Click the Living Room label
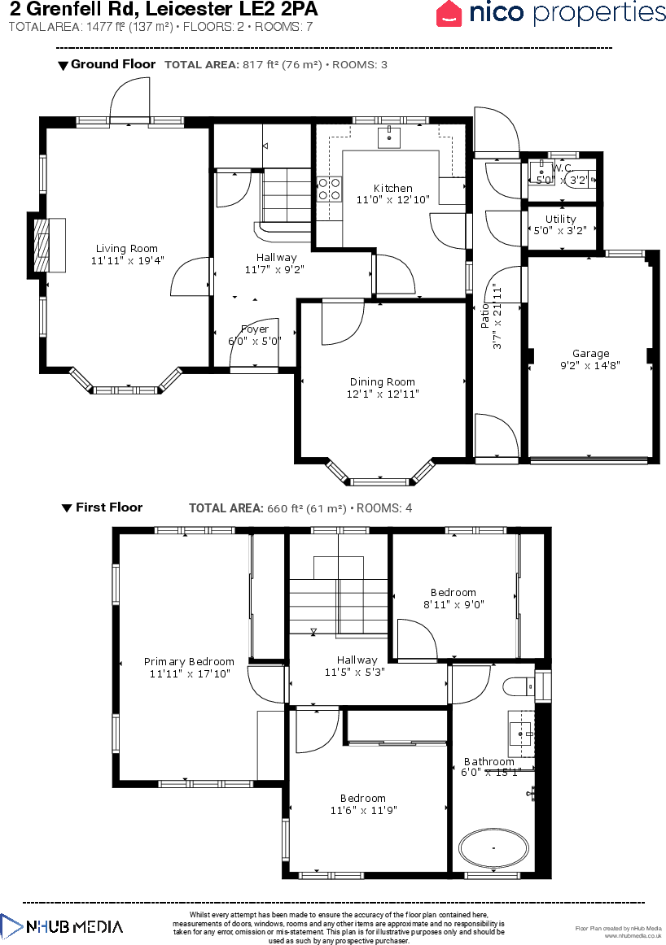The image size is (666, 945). pyautogui.click(x=126, y=249)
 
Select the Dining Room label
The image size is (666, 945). pyautogui.click(x=382, y=382)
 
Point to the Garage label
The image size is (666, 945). pyautogui.click(x=590, y=354)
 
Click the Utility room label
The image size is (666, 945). pyautogui.click(x=560, y=219)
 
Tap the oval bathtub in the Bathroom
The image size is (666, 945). pyautogui.click(x=493, y=848)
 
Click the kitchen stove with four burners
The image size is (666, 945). pyautogui.click(x=330, y=189)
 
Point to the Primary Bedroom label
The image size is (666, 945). pyautogui.click(x=189, y=662)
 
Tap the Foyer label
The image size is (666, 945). pyautogui.click(x=254, y=329)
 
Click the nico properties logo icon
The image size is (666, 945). pyautogui.click(x=449, y=13)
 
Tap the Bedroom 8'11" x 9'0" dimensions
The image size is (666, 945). pyautogui.click(x=453, y=604)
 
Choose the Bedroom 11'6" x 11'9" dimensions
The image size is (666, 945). pyautogui.click(x=363, y=810)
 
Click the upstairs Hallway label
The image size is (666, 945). pyautogui.click(x=357, y=660)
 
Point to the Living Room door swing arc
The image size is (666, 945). pyautogui.click(x=190, y=277)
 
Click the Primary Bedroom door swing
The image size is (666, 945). pyautogui.click(x=265, y=684)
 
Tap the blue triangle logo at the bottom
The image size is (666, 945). pyautogui.click(x=11, y=926)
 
